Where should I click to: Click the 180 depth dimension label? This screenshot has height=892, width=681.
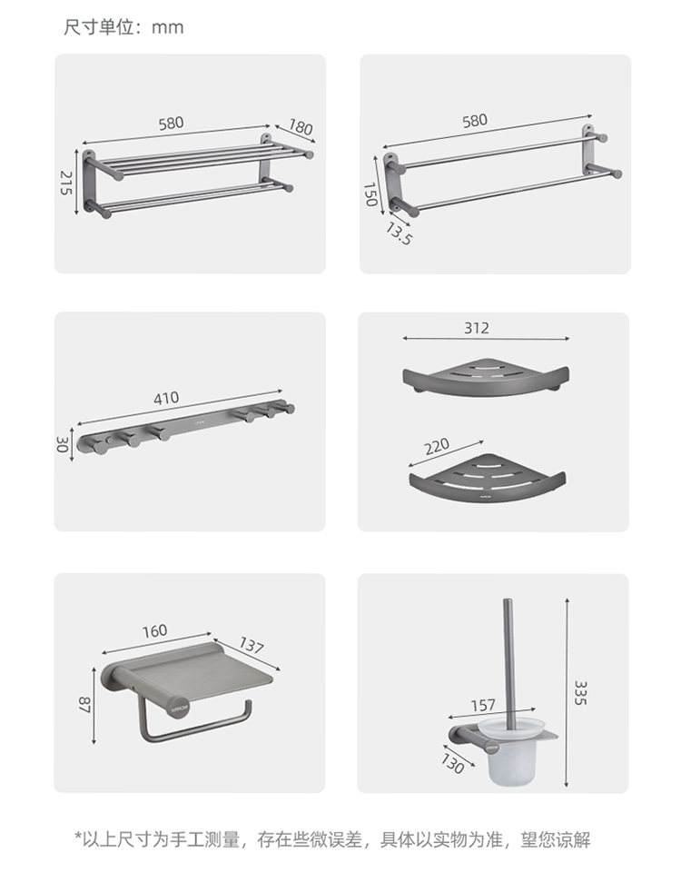[x=301, y=127]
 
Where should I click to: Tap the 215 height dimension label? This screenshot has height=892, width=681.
[x=66, y=183]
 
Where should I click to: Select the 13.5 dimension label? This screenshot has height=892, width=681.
[x=399, y=233]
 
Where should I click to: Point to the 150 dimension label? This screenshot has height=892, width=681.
[x=370, y=194]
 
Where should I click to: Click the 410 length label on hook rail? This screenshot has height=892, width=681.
[x=166, y=398]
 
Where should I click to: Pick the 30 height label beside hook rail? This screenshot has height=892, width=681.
[x=63, y=444]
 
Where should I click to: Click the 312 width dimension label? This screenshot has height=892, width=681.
[x=477, y=328]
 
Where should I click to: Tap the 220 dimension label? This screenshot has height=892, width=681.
[x=437, y=446]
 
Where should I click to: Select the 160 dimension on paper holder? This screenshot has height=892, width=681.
[x=154, y=631]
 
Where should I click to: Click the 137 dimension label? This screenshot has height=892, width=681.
[x=252, y=646]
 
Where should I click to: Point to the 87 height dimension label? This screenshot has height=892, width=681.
[x=84, y=704]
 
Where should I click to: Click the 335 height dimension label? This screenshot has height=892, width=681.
[x=580, y=692]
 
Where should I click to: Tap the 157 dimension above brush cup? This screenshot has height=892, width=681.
[x=483, y=706]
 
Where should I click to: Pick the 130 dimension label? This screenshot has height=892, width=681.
[x=452, y=763]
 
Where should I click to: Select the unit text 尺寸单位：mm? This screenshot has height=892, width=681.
[x=123, y=26]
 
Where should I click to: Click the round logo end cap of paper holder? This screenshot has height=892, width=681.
[x=178, y=707]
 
